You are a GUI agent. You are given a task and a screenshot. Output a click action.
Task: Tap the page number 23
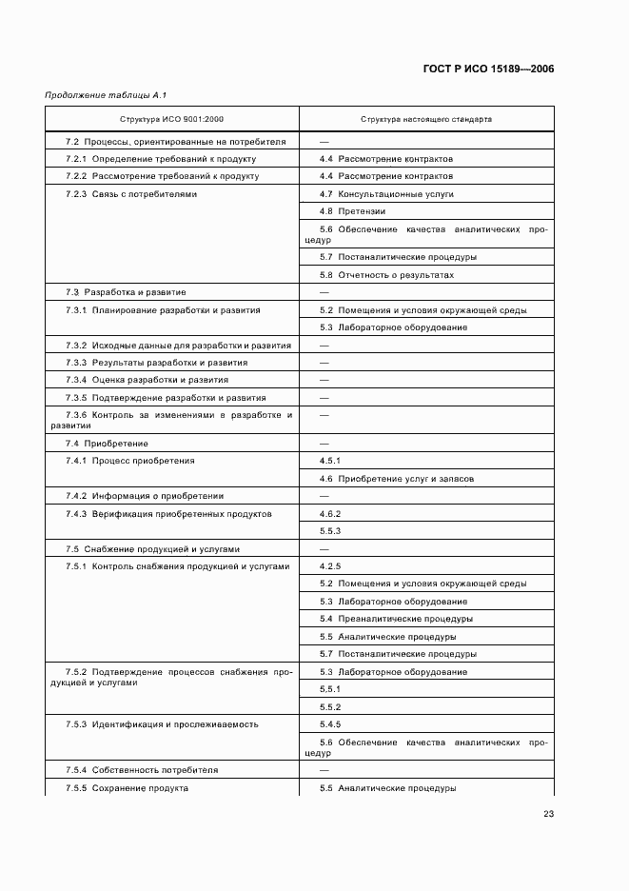[548, 813]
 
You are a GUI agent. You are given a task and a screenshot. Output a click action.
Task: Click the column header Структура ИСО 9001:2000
[172, 120]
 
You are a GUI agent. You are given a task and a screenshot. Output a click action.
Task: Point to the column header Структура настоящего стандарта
[425, 120]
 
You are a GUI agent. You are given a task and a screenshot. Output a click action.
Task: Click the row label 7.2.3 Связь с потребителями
[131, 193]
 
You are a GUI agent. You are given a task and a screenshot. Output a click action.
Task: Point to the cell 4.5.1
[330, 461]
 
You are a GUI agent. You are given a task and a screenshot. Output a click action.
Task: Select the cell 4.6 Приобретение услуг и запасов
[397, 479]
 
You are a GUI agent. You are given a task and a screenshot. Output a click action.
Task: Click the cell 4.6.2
[330, 514]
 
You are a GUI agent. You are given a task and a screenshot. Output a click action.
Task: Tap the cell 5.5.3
[330, 531]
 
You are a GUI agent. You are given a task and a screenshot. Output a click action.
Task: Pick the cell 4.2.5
[330, 566]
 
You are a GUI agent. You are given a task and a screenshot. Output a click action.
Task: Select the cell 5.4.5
[330, 724]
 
